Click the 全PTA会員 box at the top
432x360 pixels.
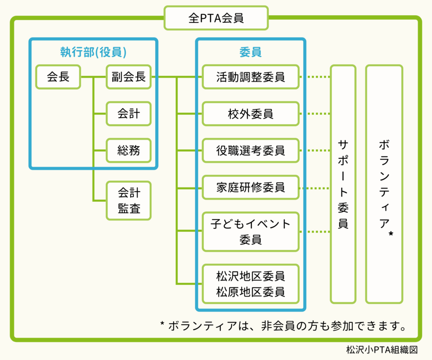coord(216,18)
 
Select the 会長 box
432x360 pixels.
coord(58,77)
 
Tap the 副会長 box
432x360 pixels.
coord(129,77)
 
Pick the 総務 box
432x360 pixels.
coord(129,150)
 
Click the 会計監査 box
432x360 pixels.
coord(129,200)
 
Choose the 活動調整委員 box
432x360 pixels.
coord(251,77)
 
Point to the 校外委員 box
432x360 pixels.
coord(251,114)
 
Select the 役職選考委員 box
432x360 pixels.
coord(251,150)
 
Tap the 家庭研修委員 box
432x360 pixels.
coord(251,187)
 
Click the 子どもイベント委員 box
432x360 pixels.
coord(251,231)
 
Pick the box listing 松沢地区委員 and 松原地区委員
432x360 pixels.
coord(251,284)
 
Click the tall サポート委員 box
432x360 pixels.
coord(343,184)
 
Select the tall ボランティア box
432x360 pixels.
coord(384,184)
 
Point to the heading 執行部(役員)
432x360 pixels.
coord(93,52)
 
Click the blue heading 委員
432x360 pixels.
coord(250,52)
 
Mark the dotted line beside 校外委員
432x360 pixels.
coord(315,114)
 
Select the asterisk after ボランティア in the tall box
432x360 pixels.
coord(391,233)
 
